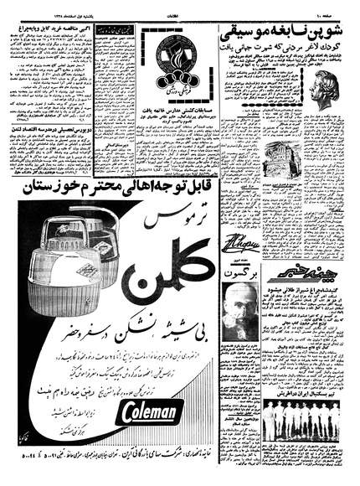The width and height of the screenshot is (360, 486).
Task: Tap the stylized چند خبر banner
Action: point(319,291)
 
